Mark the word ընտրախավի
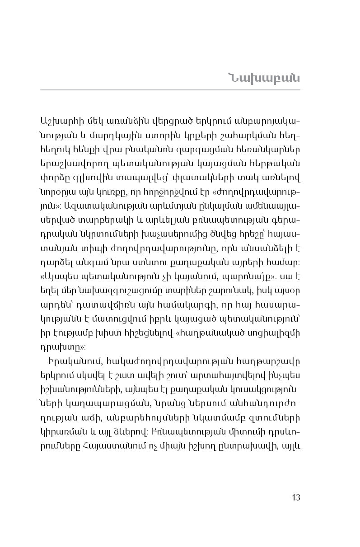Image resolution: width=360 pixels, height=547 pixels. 252,445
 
